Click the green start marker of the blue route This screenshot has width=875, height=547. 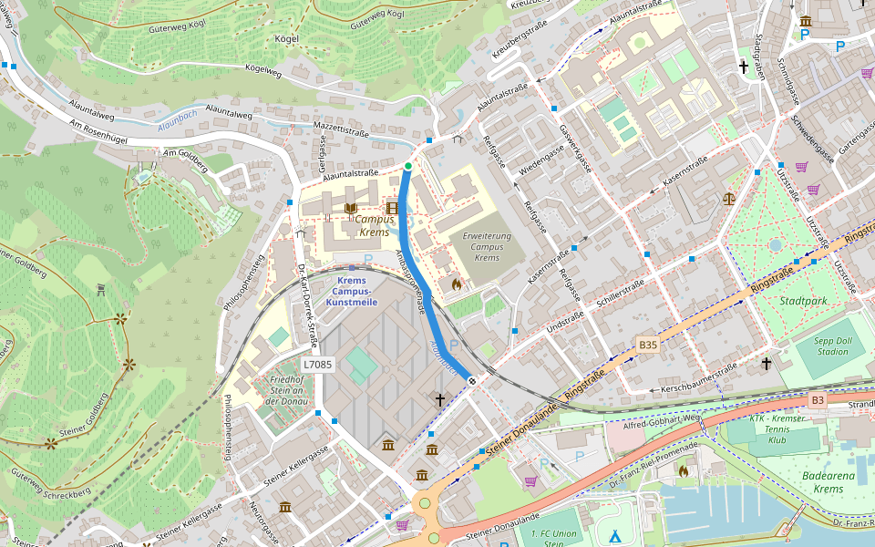(x=408, y=166)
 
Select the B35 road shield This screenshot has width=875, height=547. (x=648, y=345)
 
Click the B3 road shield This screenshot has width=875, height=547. (x=818, y=400)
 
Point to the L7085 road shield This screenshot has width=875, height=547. (x=318, y=364)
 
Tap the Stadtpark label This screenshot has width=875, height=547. (x=803, y=300)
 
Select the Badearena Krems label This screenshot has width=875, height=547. (x=828, y=482)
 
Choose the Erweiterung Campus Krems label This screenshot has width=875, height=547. (x=487, y=246)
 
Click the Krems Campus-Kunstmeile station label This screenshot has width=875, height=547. (x=351, y=290)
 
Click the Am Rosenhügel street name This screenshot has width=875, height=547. (x=97, y=133)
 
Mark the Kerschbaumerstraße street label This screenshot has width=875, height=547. (x=699, y=377)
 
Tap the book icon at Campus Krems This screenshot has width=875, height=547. (x=350, y=208)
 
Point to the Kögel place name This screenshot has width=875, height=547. (x=287, y=39)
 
